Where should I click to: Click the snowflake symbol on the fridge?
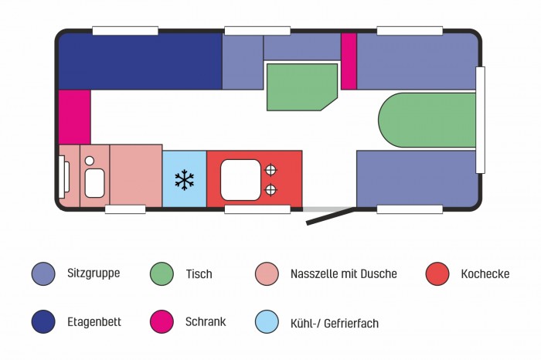[184, 180]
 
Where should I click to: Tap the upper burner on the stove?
[270, 170]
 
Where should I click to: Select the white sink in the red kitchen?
[241, 179]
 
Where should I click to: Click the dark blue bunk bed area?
[139, 62]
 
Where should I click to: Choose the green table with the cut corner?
[301, 86]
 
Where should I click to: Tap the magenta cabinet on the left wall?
[74, 117]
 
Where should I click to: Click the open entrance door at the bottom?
[330, 216]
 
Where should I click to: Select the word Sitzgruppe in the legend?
[94, 273]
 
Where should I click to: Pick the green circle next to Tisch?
[161, 273]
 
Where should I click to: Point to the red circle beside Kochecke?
[437, 273]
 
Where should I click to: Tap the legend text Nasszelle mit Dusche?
[343, 273]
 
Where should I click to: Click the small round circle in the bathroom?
[90, 161]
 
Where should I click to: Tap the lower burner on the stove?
[270, 190]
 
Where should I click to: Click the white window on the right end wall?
[480, 120]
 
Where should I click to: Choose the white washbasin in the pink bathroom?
[94, 184]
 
